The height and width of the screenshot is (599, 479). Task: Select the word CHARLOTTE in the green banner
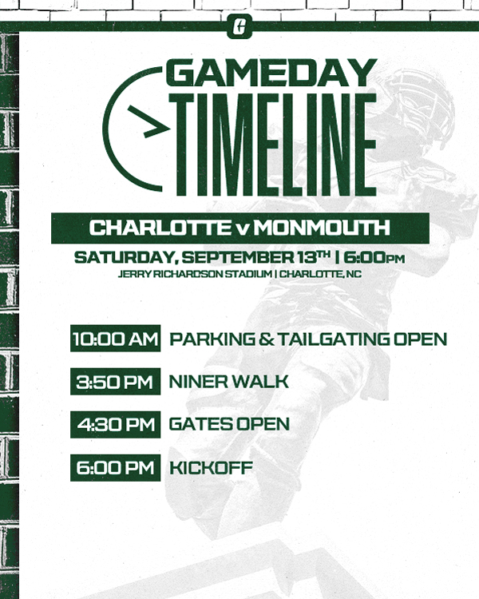[x=160, y=228]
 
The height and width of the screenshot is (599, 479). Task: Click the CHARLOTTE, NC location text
[x=317, y=275]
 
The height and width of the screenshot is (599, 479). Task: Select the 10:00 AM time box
[x=116, y=339]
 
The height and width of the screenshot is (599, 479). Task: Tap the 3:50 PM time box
[x=116, y=382]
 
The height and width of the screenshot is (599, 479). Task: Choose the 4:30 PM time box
[x=116, y=424]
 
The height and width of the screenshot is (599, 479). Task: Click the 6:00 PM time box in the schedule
[x=116, y=467]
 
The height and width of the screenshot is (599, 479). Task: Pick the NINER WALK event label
[x=228, y=382]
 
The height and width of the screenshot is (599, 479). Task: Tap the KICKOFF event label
[x=211, y=467]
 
